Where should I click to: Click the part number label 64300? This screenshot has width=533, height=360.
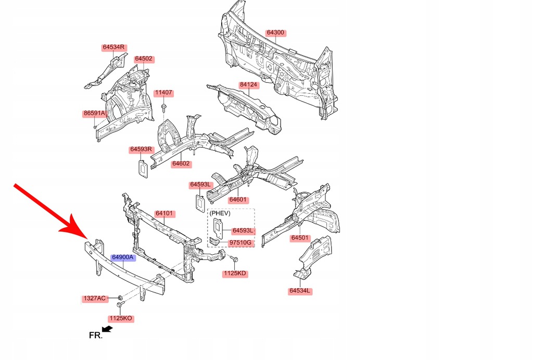coord(275,32)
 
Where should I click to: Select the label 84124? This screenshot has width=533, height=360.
coord(248,84)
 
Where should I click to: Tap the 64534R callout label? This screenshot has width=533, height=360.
coord(113,47)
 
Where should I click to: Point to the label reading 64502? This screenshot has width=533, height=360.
coord(144,59)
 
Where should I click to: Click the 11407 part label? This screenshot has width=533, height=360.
coord(163,93)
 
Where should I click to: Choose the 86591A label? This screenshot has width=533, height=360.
coord(94,113)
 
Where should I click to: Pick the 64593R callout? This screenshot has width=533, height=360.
coord(141,150)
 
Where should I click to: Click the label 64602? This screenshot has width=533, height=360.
coord(181,164)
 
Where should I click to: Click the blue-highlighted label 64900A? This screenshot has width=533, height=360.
coord(123,257)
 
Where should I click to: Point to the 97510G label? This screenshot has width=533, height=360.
coord(241,243)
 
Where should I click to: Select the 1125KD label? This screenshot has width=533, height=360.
coord(235,274)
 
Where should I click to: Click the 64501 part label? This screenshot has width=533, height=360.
coord(300,238)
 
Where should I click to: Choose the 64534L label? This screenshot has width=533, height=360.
coord(301,291)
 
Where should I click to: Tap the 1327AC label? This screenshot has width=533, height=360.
coord(95,299)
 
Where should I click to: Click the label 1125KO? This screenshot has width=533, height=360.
coord(121,318)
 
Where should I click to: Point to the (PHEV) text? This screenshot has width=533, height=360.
coord(220,213)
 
